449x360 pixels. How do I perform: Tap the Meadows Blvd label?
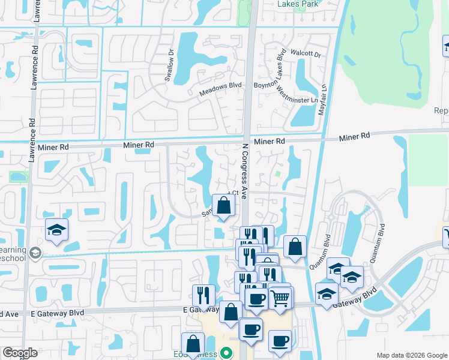point(220,85)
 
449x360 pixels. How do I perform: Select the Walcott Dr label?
point(306,54)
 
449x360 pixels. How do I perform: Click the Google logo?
point(20,353)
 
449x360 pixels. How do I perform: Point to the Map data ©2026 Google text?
point(411,355)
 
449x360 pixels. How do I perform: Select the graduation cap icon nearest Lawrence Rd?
point(56,230)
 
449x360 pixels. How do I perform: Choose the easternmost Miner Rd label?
point(354,137)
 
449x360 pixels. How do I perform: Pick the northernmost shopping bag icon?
point(223,206)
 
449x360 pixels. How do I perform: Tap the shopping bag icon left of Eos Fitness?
point(193,344)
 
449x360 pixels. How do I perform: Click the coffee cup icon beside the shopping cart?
point(256,299)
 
